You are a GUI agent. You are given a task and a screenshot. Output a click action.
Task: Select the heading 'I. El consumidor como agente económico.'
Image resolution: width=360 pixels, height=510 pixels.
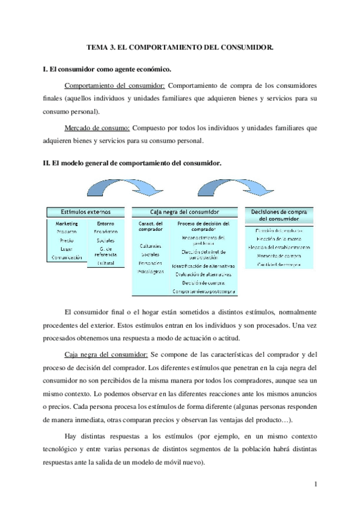coord(106,69)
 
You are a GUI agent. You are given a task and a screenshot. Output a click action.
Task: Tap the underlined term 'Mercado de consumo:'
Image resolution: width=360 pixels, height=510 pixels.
coord(97,128)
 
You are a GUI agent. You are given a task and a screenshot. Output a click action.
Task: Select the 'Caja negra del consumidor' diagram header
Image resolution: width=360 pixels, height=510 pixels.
coord(185,212)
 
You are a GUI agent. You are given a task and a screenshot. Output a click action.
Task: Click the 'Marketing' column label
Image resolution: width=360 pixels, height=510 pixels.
coord(67,224)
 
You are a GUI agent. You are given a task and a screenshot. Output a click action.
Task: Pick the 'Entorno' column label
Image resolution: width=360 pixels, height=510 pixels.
coord(105,224)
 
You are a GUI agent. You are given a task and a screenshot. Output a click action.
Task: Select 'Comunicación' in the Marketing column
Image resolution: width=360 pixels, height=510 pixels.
coord(67,257)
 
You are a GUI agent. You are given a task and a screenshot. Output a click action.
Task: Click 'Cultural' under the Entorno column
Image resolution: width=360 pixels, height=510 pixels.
coord(105,263)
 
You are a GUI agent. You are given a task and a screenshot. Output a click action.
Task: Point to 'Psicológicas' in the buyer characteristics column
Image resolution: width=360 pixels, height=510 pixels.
coord(151,271)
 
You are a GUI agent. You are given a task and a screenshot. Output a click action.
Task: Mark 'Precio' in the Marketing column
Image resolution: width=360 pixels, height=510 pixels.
coord(67,240)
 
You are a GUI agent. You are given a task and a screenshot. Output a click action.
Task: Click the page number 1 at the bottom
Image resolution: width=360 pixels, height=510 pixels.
coord(316,483)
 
